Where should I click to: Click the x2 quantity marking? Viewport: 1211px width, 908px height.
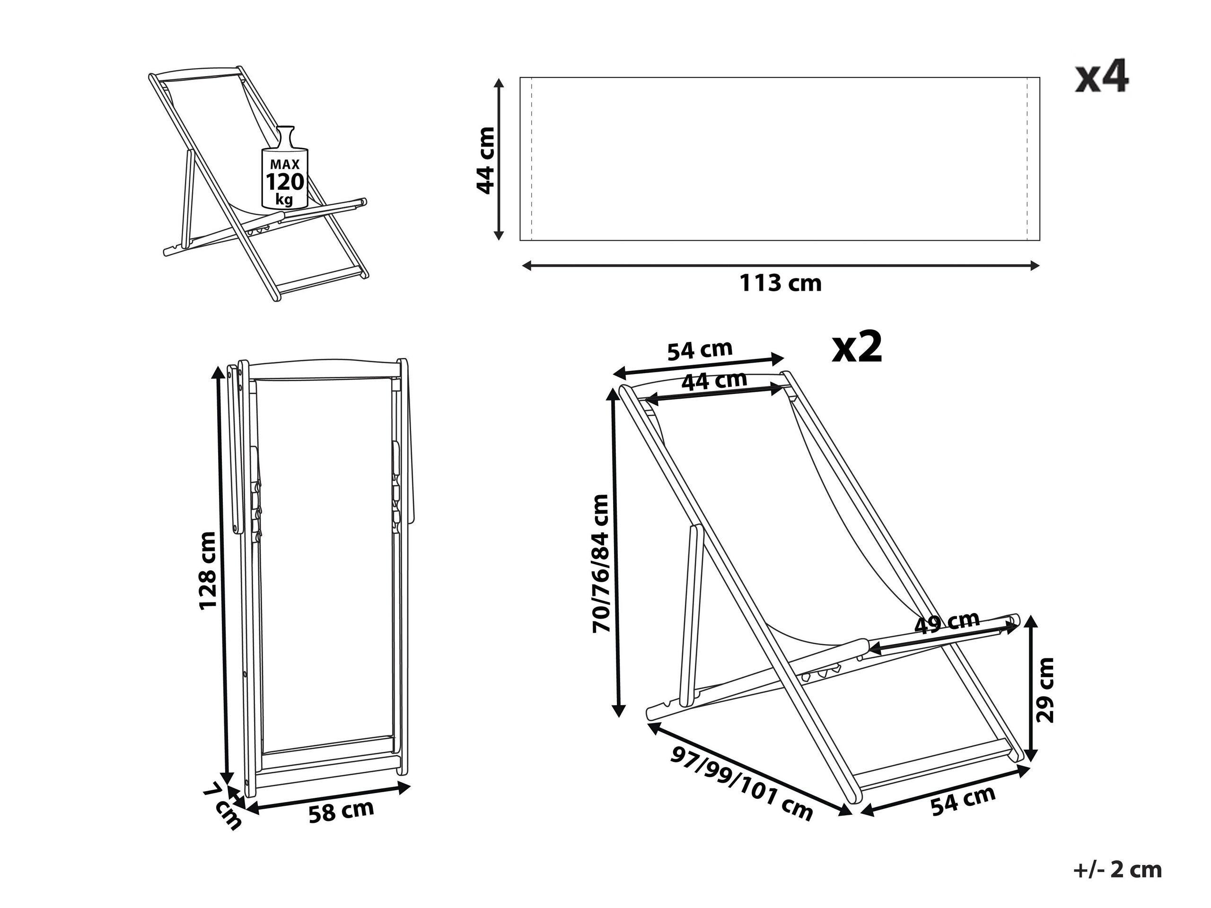pos(857,348)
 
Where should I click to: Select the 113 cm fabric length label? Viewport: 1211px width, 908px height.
pos(781,283)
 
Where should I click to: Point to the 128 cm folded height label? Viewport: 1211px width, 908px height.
pos(208,569)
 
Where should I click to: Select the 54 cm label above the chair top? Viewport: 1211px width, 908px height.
pos(700,350)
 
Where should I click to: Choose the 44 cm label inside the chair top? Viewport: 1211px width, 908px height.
pos(714,380)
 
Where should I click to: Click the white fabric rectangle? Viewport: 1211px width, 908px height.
pos(780,159)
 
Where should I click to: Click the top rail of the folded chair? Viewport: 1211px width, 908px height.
pos(323,365)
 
